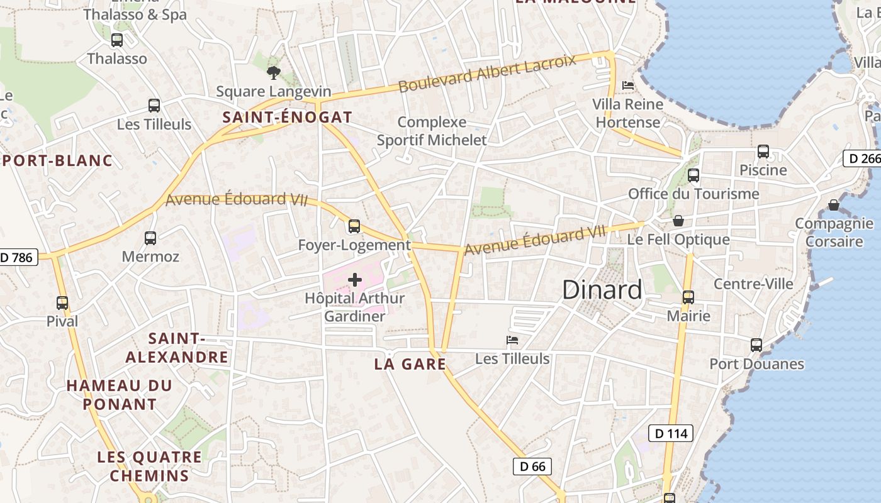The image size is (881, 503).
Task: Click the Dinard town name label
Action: click(x=602, y=290)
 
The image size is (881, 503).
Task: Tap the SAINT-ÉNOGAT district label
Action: click(x=287, y=117)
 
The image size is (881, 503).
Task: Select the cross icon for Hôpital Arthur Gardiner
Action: click(x=355, y=280)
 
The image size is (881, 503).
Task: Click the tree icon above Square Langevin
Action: click(x=273, y=73)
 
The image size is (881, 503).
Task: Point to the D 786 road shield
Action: click(x=18, y=257)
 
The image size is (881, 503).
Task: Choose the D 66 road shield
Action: click(x=532, y=467)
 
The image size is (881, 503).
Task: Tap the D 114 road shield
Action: click(x=671, y=433)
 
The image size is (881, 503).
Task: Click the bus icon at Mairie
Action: click(x=688, y=297)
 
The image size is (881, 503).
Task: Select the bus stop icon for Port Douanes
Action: click(x=756, y=345)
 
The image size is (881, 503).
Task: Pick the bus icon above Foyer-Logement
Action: click(x=354, y=226)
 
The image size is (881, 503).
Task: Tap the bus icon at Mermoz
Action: click(x=150, y=238)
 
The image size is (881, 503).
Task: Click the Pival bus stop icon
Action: click(x=62, y=303)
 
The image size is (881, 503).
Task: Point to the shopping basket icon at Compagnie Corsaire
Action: click(x=834, y=205)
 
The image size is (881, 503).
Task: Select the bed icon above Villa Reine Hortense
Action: click(x=627, y=86)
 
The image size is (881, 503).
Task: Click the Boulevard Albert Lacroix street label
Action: click(x=487, y=74)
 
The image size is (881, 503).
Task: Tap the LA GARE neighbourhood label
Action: click(x=410, y=364)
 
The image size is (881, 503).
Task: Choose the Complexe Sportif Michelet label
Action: click(x=432, y=131)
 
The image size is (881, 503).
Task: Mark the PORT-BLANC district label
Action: click(x=57, y=161)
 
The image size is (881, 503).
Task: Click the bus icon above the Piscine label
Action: click(x=763, y=152)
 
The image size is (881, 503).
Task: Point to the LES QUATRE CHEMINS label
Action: click(x=149, y=466)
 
